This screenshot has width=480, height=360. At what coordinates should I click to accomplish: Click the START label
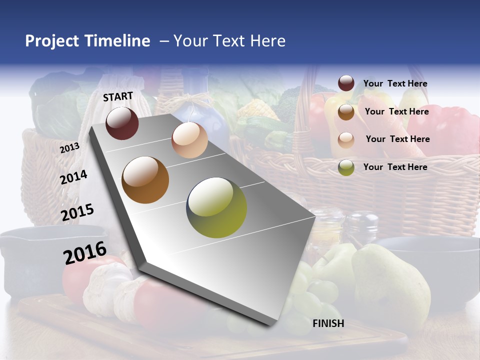coord(118,96)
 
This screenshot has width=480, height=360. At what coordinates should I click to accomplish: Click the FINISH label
coord(328,323)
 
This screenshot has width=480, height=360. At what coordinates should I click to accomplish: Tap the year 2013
coord(69,148)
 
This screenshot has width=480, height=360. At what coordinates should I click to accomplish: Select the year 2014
coord(74,177)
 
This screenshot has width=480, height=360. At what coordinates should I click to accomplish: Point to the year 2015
coord(77,212)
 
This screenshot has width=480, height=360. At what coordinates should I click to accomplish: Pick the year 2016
coord(85,253)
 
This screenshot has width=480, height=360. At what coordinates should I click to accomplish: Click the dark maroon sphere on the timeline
coord(122,123)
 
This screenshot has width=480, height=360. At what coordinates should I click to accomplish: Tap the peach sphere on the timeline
coord(189,140)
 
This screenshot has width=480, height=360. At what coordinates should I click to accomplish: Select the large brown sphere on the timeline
coord(145,180)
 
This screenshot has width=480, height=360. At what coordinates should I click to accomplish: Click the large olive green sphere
coord(216,207)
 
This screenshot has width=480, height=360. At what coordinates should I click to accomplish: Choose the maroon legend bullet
coord(346,83)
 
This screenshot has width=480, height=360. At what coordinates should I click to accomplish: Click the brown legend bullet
coord(346,112)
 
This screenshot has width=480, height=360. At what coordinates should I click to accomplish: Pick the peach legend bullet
coord(346,139)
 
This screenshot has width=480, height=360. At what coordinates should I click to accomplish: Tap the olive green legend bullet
coord(346,167)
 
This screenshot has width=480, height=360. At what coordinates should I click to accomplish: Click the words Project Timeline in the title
coord(87,41)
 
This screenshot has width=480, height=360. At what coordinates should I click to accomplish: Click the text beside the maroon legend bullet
coord(395,83)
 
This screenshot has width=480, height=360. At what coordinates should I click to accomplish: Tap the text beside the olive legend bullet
coord(395,167)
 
